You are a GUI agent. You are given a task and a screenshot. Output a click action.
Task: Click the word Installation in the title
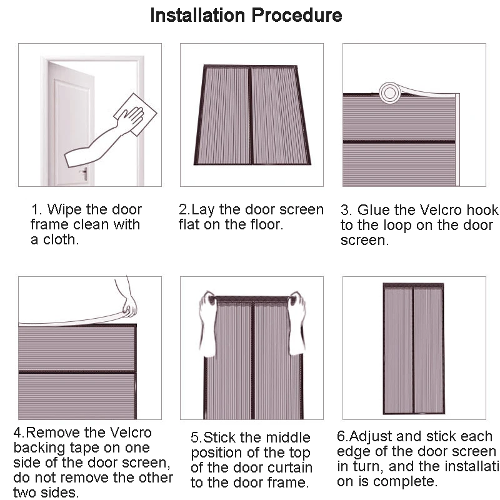point(198,15)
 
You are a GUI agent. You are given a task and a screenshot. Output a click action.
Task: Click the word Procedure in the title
point(296,15)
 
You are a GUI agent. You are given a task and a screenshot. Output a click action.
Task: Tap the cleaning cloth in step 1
point(136,114)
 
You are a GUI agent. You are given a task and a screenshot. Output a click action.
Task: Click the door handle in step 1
point(84,174)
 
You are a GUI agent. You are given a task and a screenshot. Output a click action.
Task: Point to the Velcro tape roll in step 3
point(389,92)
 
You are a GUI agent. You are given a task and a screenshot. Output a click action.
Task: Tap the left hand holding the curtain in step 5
point(207,322)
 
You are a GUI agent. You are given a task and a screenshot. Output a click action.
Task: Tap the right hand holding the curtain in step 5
point(297,322)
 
